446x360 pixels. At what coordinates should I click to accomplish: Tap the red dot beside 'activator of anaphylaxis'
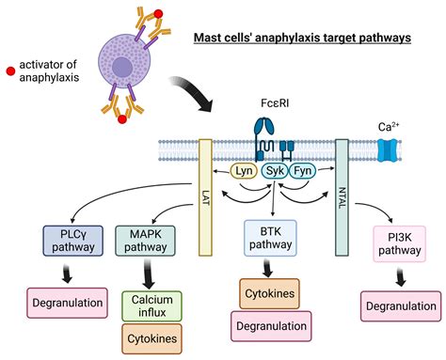tap(8, 71)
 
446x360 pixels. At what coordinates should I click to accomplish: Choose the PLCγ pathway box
tap(66, 240)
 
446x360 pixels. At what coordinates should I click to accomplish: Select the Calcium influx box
tap(151, 305)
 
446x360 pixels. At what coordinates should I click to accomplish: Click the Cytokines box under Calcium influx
tap(151, 338)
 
